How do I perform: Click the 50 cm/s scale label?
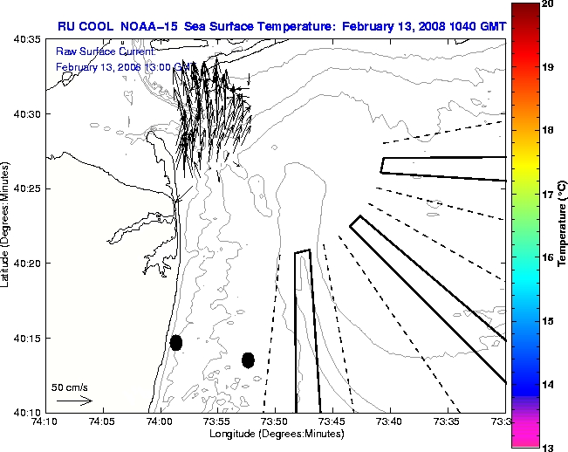click(69, 386)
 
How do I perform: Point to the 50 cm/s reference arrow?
click(74, 401)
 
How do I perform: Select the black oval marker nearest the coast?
click(176, 343)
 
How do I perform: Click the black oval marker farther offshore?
click(248, 360)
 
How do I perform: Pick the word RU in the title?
click(67, 27)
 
